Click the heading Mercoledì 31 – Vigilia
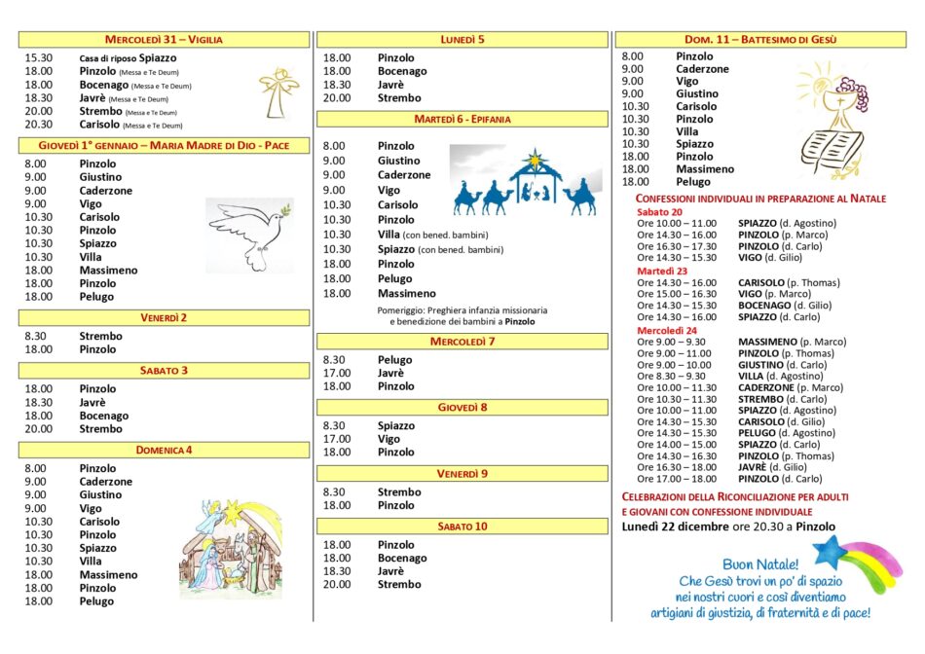coord(164,40)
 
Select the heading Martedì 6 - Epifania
coord(462,119)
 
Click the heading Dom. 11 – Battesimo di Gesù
coord(762,40)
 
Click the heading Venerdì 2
coord(164,317)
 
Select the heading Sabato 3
coord(164,371)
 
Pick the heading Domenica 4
coord(164,450)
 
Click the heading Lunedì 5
coord(462,40)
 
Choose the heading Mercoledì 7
coord(462,342)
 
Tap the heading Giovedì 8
coord(462,407)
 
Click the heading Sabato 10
coord(462,527)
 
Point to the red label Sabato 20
coord(659,211)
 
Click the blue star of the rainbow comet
coord(831,552)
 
